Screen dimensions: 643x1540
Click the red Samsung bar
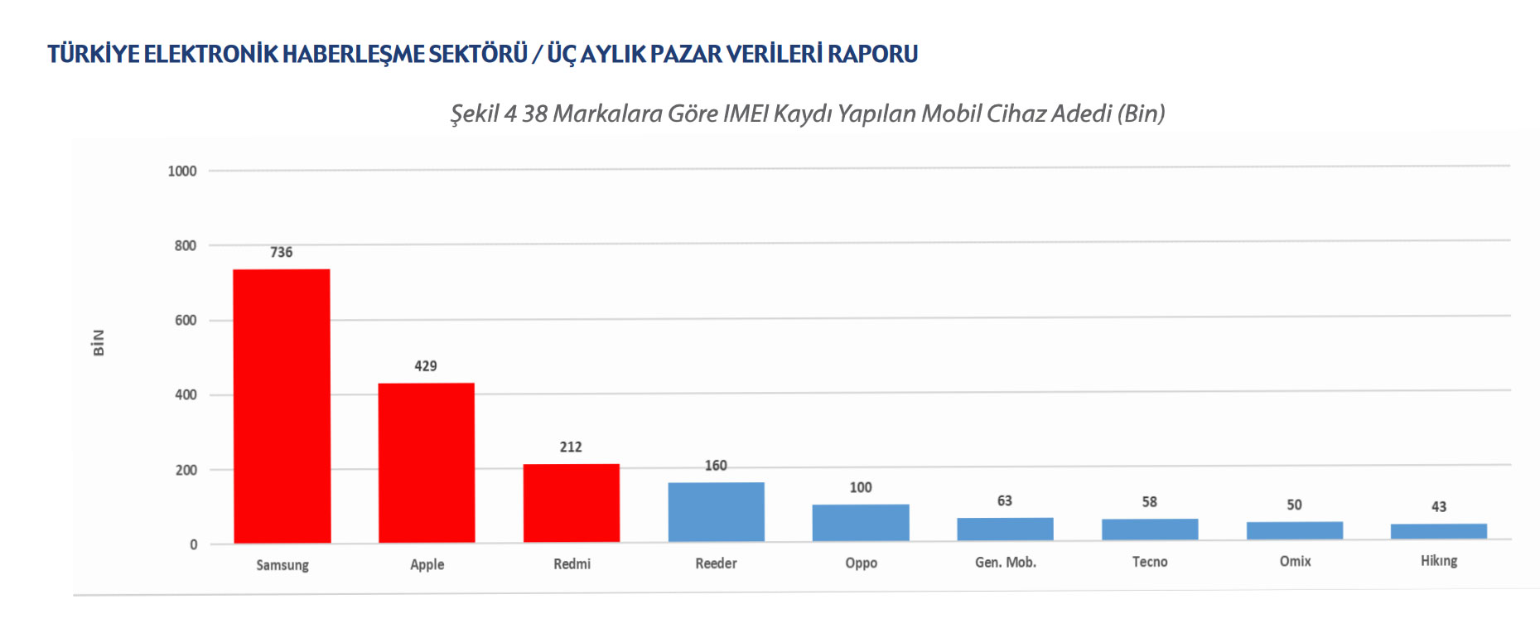pyautogui.click(x=282, y=406)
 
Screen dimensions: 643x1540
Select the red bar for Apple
pyautogui.click(x=427, y=462)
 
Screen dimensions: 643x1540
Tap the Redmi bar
pyautogui.click(x=572, y=503)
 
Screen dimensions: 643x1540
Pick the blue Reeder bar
pyautogui.click(x=716, y=512)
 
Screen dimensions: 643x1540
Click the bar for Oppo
pyautogui.click(x=861, y=523)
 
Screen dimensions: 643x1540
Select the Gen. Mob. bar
pyautogui.click(x=1005, y=529)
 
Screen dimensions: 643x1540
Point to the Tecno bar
pyautogui.click(x=1150, y=529)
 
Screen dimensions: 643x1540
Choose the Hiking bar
pyautogui.click(x=1439, y=531)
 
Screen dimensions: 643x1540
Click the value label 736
pyautogui.click(x=282, y=252)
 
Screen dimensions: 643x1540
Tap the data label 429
pyautogui.click(x=426, y=366)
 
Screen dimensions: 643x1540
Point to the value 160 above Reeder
pyautogui.click(x=716, y=466)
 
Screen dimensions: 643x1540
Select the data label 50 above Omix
pyautogui.click(x=1294, y=505)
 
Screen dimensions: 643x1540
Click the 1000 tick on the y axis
pyautogui.click(x=182, y=172)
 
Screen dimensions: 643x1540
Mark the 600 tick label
pyautogui.click(x=186, y=321)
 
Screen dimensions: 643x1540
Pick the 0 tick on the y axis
pyautogui.click(x=194, y=544)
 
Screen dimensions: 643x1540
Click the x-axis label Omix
pyautogui.click(x=1295, y=562)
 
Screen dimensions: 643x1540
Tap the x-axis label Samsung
pyautogui.click(x=282, y=565)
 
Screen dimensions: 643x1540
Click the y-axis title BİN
pyautogui.click(x=99, y=342)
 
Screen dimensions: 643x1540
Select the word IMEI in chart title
pyautogui.click(x=746, y=114)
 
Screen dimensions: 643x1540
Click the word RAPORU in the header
pyautogui.click(x=872, y=54)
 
